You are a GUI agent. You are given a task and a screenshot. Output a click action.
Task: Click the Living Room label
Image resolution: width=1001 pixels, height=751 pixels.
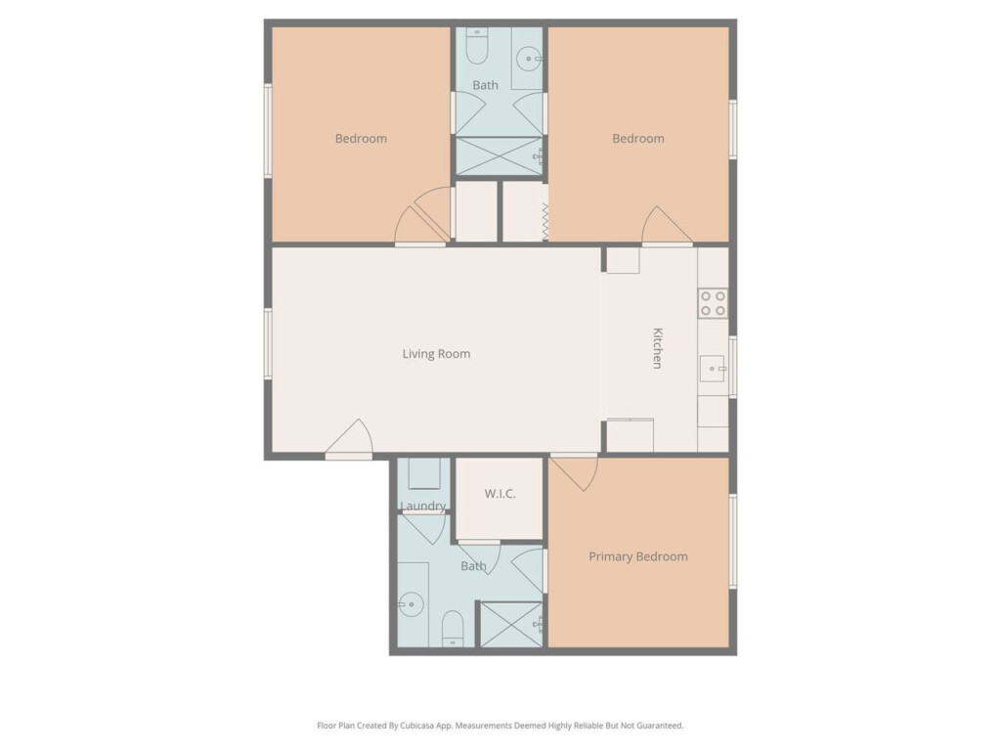point(436,354)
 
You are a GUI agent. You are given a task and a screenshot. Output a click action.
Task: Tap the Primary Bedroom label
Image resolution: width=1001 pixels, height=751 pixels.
point(638,556)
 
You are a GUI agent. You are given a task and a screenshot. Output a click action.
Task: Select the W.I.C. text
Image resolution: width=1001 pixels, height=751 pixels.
point(500,494)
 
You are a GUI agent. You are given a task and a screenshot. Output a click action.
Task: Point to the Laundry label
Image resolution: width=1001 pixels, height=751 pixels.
point(422,507)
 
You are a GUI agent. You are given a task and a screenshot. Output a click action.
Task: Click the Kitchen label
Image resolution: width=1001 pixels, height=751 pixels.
point(658,348)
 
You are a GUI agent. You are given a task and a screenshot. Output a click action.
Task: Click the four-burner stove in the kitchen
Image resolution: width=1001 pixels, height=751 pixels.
point(713,303)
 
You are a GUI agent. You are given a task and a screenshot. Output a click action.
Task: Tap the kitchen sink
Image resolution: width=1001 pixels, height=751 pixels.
point(712,369)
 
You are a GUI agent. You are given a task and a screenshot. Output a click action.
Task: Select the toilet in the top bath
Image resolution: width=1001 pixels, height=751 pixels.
point(477,45)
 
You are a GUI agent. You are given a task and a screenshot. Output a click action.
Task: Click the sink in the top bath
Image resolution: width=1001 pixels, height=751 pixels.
point(529,59)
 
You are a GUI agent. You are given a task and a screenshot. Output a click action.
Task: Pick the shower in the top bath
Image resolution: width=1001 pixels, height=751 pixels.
point(499,156)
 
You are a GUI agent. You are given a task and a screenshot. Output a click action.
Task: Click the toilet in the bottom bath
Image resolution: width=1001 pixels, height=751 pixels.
point(453,629)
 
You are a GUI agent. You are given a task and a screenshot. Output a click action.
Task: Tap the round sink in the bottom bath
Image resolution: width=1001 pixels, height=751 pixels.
point(411,604)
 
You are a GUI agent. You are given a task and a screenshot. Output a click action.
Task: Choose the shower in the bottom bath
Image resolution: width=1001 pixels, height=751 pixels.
point(510,625)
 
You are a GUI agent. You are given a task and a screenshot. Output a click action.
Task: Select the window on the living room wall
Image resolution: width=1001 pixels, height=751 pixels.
point(268,343)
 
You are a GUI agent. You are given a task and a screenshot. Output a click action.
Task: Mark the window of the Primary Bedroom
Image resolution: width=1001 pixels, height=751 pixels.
point(733,541)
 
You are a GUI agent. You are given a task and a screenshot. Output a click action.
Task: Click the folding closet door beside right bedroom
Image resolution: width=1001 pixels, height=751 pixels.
point(545,222)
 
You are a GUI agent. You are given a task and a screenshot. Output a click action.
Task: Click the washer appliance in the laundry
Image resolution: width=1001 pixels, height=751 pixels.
point(424,474)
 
